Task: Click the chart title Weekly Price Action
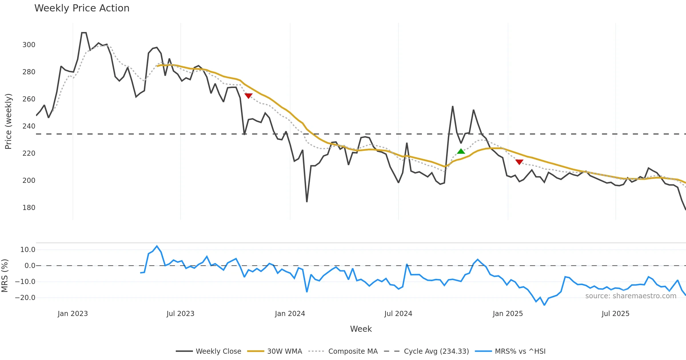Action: [x=82, y=8]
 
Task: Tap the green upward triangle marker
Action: [x=461, y=151]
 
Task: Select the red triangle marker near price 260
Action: [x=248, y=96]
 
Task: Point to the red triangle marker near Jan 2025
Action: [x=519, y=162]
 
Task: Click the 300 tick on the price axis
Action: [x=29, y=45]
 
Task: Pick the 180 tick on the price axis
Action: [x=29, y=208]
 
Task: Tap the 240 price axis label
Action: [x=29, y=126]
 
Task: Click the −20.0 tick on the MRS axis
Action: [x=25, y=298]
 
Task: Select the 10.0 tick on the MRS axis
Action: [x=28, y=250]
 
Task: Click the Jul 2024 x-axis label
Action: [x=398, y=314]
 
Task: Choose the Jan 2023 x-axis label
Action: [x=73, y=314]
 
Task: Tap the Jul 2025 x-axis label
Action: [x=615, y=314]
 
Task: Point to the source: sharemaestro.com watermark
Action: [x=631, y=296]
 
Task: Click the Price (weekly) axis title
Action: [x=8, y=121]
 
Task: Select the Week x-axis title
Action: [x=361, y=329]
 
